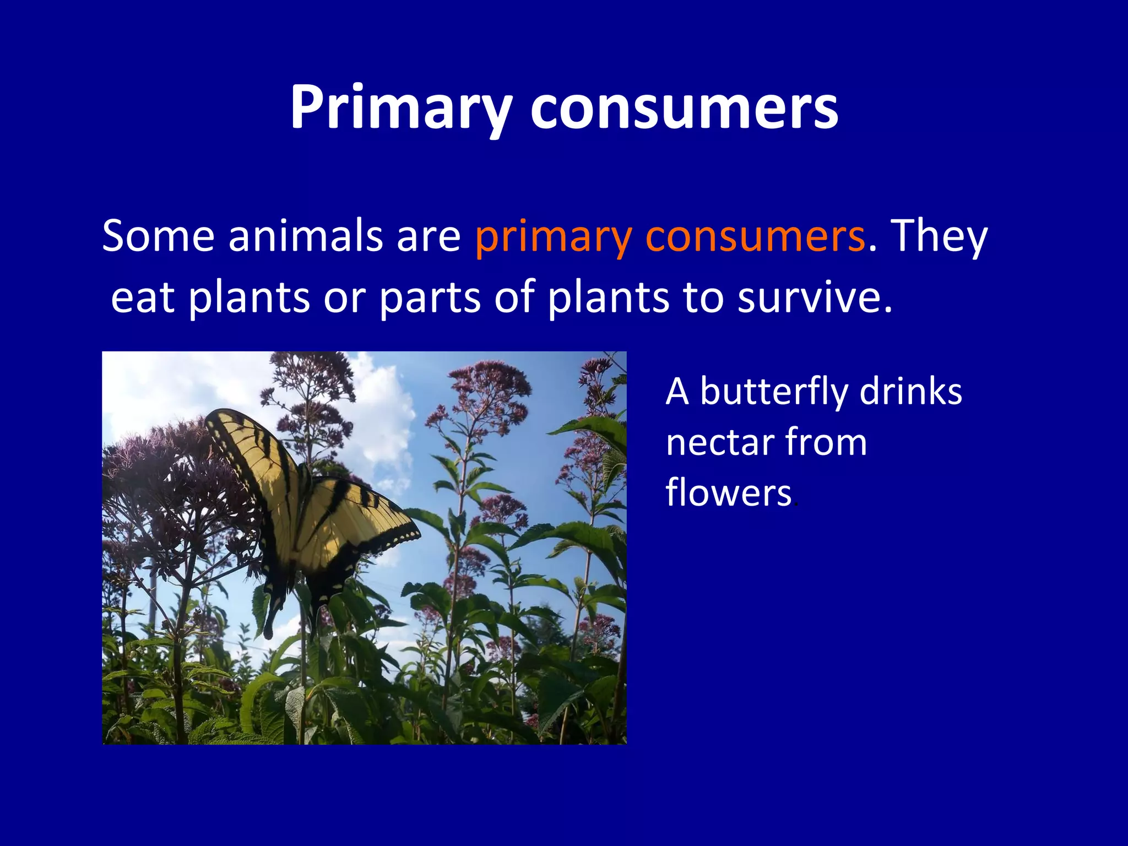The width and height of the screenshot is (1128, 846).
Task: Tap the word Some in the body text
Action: coord(158,236)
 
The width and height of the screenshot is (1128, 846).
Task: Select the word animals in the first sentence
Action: coord(306,236)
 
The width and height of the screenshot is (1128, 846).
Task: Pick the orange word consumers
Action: coord(755,236)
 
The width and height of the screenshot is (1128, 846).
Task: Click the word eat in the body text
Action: coord(143,297)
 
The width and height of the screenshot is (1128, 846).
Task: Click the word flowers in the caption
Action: coord(728,492)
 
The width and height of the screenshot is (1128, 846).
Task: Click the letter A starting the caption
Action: coord(677,392)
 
